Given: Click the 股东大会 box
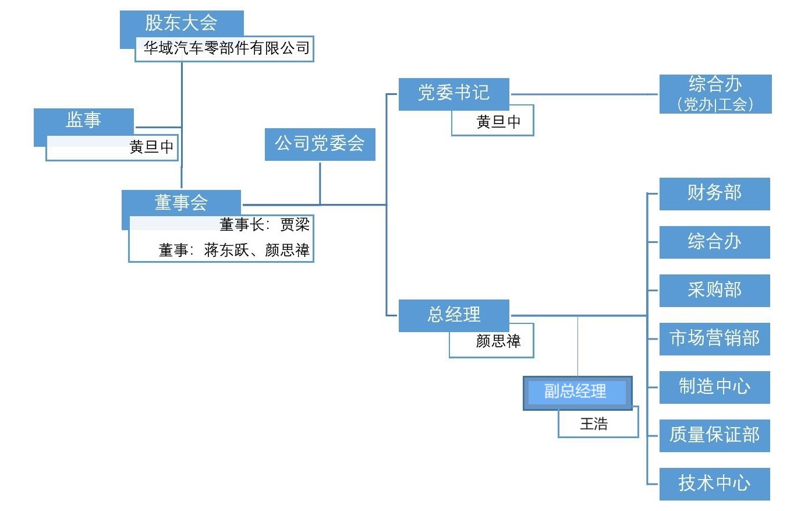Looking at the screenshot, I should (181, 23).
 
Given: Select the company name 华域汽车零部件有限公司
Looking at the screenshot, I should (226, 48).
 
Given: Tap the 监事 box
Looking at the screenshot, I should (83, 120).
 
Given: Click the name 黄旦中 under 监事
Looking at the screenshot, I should (151, 147).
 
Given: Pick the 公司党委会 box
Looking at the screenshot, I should (320, 144).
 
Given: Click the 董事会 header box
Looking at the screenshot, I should (181, 202).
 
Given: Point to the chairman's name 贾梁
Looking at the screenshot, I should (295, 224).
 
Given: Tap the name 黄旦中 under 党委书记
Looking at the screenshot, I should (498, 122).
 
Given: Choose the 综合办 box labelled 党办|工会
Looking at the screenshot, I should (715, 93).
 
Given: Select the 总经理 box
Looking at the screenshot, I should (453, 315).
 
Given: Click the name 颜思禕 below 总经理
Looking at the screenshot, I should (498, 341).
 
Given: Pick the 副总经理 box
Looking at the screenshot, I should (576, 392).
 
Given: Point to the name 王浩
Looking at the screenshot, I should (594, 424).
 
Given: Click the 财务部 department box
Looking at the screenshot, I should (714, 193).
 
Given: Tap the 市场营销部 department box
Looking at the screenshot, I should (714, 339).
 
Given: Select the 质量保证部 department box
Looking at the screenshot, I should (714, 435).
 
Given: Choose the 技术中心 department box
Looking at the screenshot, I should (714, 484).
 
